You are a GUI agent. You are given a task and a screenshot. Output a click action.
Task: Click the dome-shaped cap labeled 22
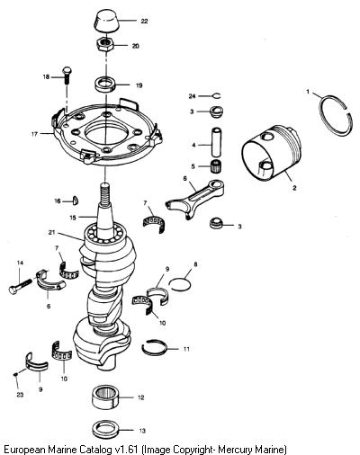[106, 21]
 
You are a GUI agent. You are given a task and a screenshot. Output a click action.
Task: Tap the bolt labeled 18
[66, 76]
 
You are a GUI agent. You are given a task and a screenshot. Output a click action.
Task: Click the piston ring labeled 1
[336, 116]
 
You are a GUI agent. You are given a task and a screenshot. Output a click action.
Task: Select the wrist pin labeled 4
[216, 143]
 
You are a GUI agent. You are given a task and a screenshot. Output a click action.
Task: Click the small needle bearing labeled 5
[215, 166]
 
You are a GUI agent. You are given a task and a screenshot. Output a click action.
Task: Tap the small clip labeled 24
[217, 95]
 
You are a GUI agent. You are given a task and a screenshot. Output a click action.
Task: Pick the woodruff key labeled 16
[76, 201]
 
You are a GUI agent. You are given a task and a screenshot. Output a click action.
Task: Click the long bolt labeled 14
[20, 286]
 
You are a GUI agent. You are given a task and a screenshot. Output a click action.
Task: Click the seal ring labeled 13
[105, 430]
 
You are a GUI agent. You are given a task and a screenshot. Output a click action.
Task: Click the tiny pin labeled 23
[15, 374]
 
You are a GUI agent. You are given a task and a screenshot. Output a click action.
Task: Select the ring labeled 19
[105, 84]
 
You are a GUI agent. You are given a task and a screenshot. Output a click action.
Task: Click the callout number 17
[34, 134]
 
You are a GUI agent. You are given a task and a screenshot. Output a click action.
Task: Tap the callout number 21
[51, 232]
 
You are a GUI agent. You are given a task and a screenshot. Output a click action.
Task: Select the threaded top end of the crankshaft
[105, 195]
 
